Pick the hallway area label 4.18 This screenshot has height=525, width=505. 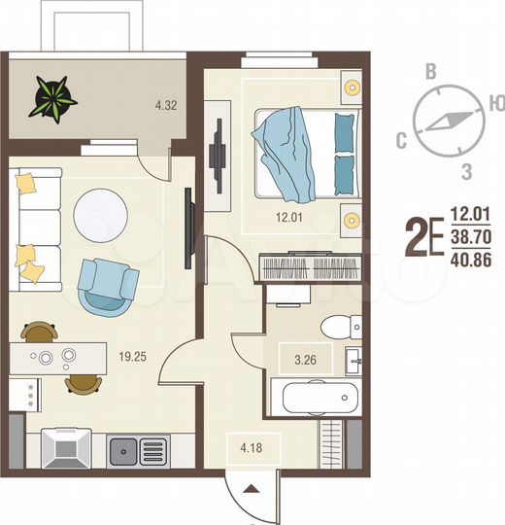(x=252, y=448)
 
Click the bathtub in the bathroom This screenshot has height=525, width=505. (x=316, y=398)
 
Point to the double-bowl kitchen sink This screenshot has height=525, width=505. (x=138, y=450)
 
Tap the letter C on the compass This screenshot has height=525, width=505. (x=400, y=141)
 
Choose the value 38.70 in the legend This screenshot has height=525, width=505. (x=472, y=235)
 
